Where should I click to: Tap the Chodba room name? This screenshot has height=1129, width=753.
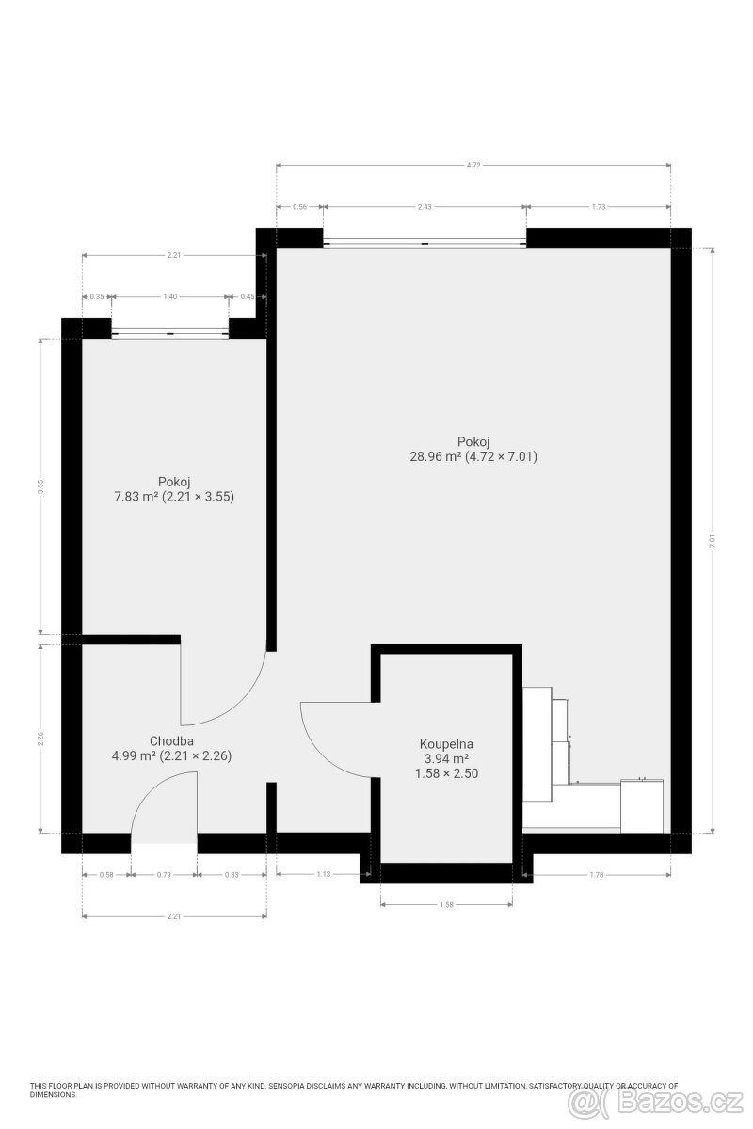tap(171, 740)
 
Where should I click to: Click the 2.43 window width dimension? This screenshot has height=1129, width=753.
tap(424, 207)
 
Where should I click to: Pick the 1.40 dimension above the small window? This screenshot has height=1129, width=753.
tap(169, 296)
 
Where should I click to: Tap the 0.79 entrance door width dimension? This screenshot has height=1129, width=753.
tap(164, 875)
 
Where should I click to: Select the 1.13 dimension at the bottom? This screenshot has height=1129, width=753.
tap(324, 875)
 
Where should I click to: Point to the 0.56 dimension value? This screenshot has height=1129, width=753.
tap(300, 207)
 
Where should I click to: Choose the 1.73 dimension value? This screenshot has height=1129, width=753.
tap(599, 207)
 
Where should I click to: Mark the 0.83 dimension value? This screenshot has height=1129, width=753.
tap(232, 875)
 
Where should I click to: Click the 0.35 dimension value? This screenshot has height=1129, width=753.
tap(96, 296)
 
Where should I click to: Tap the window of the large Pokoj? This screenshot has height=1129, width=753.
tap(425, 243)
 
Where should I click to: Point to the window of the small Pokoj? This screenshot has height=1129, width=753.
tap(169, 332)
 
